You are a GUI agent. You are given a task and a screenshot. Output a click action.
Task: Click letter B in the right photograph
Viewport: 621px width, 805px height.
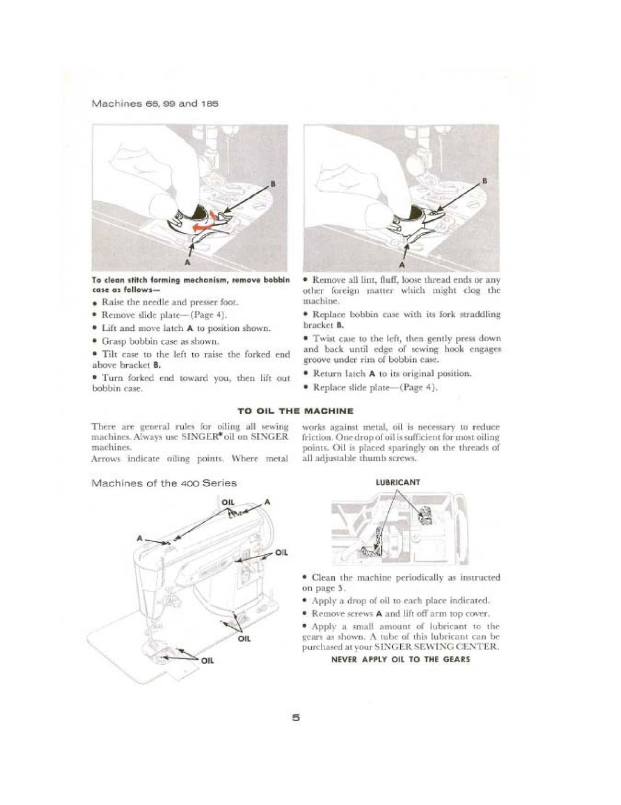(484, 182)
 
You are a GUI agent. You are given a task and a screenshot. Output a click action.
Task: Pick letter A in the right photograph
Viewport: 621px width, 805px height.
(401, 265)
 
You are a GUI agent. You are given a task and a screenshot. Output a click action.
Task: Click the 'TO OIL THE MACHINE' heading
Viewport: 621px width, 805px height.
(295, 411)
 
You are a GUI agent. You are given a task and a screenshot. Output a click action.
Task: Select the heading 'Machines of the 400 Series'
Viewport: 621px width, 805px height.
(163, 483)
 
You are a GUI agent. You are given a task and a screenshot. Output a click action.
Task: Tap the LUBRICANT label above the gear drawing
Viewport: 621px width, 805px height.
(398, 483)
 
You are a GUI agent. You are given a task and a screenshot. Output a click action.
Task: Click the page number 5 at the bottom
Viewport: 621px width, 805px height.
(296, 718)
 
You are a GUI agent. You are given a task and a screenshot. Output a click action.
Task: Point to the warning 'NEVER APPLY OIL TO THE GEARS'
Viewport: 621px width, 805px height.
(400, 659)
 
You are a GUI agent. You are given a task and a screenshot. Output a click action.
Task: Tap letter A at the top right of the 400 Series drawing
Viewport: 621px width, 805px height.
(267, 502)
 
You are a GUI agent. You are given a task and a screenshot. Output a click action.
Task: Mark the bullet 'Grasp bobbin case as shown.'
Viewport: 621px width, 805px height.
(159, 342)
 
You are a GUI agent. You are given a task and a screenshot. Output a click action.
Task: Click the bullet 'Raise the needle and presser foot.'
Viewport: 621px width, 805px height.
(161, 302)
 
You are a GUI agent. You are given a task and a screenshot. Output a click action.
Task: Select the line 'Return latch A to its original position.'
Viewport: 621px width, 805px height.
(392, 374)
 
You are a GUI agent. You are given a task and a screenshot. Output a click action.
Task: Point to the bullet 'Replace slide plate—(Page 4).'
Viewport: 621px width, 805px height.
(375, 387)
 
